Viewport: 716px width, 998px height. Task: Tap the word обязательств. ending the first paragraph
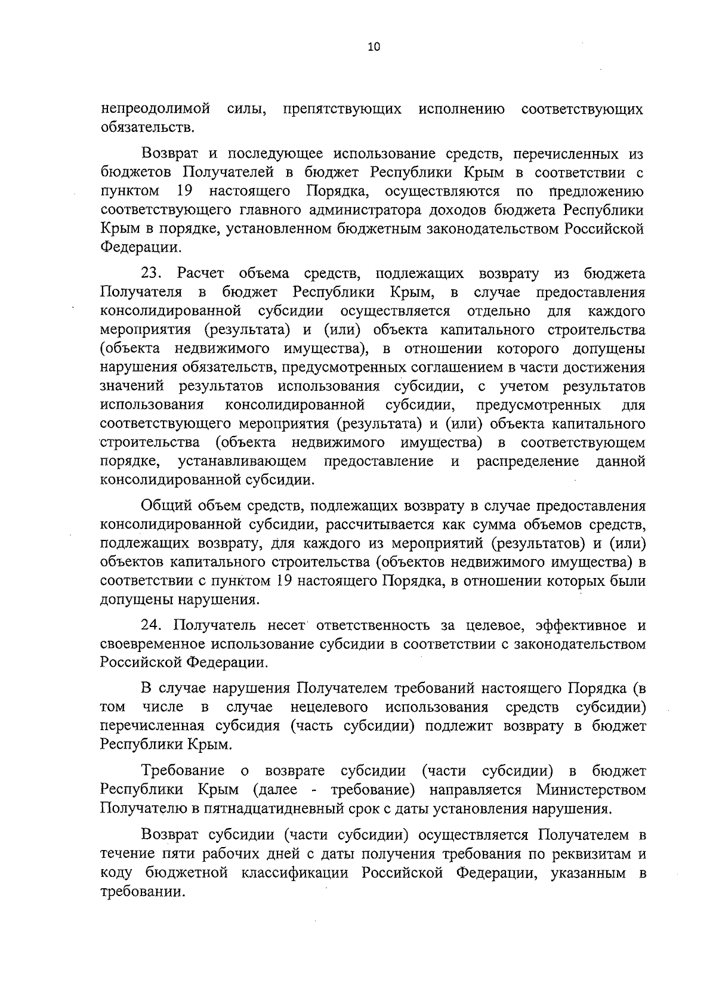147,128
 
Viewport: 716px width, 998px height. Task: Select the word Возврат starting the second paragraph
169,155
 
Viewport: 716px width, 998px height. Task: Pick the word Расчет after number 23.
200,274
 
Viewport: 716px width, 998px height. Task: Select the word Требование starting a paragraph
183,771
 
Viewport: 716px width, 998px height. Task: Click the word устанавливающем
242,462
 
